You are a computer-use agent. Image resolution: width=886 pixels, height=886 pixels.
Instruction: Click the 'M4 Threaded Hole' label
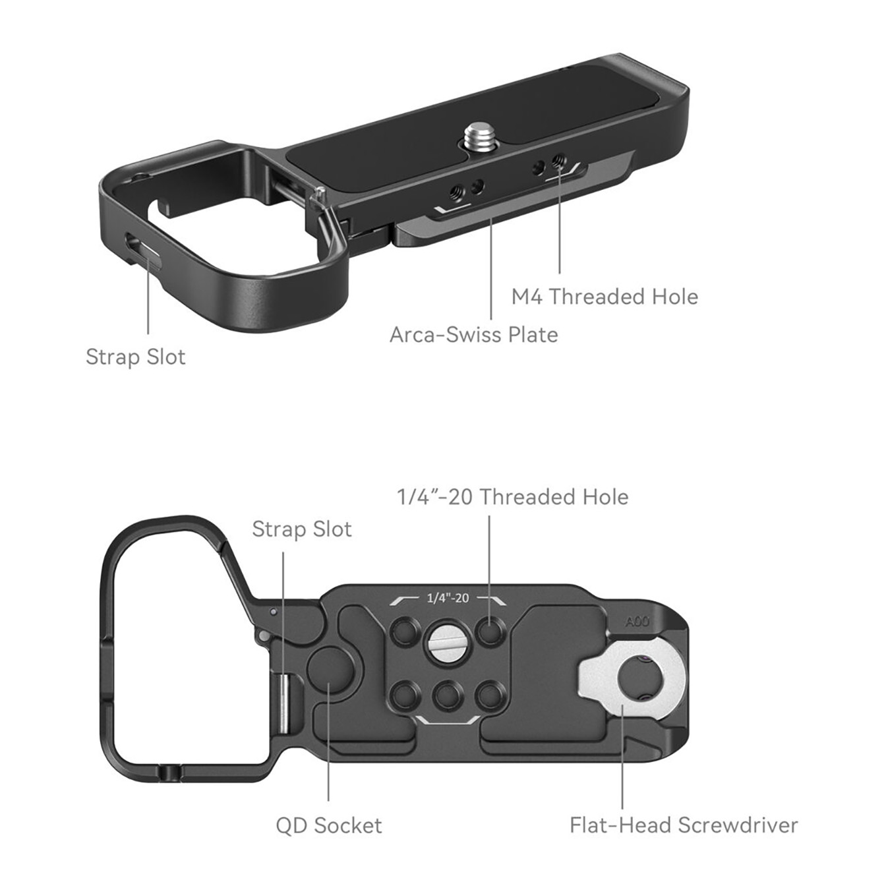click(604, 297)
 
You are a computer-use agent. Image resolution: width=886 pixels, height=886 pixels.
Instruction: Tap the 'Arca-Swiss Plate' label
click(473, 335)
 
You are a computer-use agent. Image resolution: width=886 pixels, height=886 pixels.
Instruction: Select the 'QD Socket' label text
click(328, 825)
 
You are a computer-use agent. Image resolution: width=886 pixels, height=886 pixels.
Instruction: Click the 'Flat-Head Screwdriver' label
click(684, 825)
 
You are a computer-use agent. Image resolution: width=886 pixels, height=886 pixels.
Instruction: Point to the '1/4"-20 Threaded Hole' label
click(512, 497)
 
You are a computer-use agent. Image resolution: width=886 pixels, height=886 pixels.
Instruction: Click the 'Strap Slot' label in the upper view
click(135, 357)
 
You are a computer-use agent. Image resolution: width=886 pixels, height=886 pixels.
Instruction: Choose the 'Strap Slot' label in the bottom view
click(301, 529)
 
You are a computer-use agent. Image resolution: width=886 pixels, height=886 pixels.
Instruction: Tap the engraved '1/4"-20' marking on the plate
click(448, 599)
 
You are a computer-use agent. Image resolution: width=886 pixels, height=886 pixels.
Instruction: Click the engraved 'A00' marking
click(637, 622)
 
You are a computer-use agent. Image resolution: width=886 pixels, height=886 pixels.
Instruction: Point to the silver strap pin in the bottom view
click(282, 703)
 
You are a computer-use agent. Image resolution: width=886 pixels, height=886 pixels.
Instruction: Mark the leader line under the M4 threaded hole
click(560, 224)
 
